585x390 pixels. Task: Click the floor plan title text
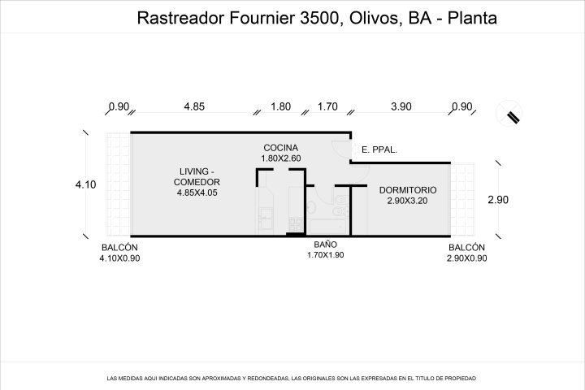coord(317,18)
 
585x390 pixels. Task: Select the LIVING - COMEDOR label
coord(197,177)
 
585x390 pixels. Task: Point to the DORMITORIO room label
coord(408,190)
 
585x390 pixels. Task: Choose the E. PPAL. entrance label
coord(379,150)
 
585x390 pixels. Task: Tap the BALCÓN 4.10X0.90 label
coord(119,253)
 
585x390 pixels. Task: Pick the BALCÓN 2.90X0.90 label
coord(466,253)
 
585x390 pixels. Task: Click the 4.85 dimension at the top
coord(194,106)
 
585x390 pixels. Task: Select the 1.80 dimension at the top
coord(280,106)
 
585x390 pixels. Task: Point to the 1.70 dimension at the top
coord(327,106)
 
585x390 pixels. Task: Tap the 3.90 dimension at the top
coord(401,106)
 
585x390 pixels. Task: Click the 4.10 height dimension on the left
coord(86,184)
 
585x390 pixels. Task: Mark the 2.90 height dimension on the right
coord(498,200)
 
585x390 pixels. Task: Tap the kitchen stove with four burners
coord(296,225)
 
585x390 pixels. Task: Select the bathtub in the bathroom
coord(328,227)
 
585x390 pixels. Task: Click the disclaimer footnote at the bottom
coord(292,379)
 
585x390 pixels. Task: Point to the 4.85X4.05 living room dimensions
coord(197,193)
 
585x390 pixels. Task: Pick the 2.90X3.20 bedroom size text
coord(407,201)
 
